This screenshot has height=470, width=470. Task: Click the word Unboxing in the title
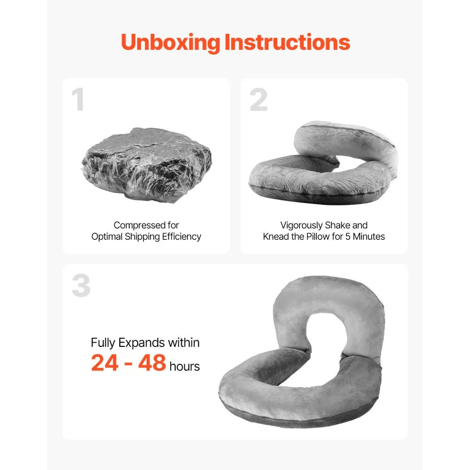[x=171, y=42]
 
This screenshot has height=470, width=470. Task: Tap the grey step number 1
[x=78, y=100]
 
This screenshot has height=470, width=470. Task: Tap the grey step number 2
[x=258, y=100]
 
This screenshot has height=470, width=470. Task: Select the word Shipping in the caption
[x=141, y=236]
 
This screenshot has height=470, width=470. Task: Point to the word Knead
[x=276, y=236]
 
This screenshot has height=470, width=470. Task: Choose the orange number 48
[x=152, y=363]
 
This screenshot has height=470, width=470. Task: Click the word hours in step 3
[x=185, y=366]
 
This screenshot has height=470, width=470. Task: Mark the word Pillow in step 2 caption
[x=318, y=236]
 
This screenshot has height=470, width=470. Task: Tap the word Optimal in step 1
[x=106, y=236]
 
